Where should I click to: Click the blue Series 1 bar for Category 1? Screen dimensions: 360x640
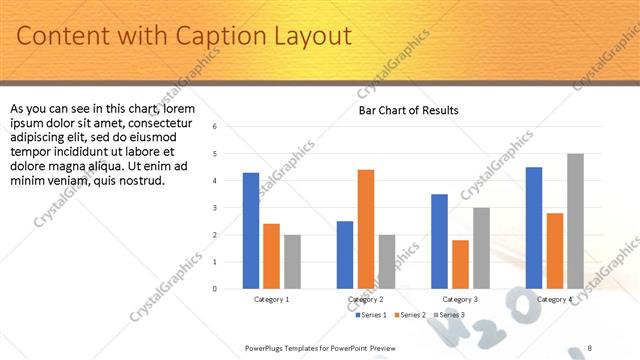[x=251, y=231]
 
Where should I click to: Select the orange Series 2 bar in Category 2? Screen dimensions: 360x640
[x=366, y=229]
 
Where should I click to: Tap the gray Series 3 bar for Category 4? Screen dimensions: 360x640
[x=575, y=221]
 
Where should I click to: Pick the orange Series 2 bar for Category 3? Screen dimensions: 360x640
[x=460, y=264]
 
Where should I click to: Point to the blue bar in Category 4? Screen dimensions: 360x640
[x=534, y=228]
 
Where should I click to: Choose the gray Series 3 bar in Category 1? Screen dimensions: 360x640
[x=292, y=262]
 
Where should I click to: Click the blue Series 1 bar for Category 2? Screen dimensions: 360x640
[x=345, y=255]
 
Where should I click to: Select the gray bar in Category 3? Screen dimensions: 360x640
[x=481, y=248]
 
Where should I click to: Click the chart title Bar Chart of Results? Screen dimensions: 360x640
[x=409, y=110]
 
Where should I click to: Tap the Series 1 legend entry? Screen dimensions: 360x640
[x=371, y=316]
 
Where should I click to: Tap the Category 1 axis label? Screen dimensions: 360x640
[x=271, y=299]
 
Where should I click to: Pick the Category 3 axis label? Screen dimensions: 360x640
[x=460, y=299]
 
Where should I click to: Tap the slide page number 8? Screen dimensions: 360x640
[x=590, y=347]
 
